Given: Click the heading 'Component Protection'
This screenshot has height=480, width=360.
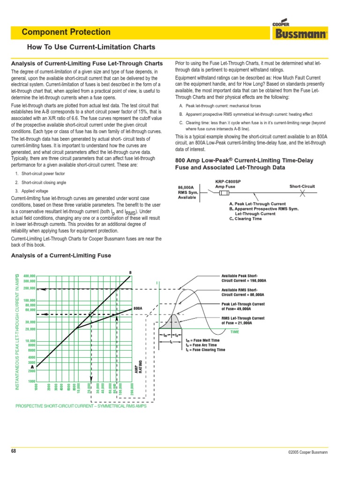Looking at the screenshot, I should coord(66,32).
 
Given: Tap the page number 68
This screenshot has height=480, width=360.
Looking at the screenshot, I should coord(14,451).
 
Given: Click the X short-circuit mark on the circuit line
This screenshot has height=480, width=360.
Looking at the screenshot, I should coord(302,193).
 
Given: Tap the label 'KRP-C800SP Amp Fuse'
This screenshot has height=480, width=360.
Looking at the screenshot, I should coord(228,184).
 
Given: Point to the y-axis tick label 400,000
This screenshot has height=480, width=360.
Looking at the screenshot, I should coord(29,276).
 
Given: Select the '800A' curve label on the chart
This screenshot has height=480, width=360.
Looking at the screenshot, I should coord(137,309).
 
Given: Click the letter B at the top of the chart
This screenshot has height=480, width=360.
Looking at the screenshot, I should coord(130,272).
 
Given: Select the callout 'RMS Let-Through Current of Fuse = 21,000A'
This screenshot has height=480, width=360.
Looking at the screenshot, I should coord(243,321).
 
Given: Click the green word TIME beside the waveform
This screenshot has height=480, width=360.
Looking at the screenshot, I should coord(235,332).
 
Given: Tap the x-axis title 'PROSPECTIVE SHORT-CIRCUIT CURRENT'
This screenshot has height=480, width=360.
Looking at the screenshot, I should coord(81,406).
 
